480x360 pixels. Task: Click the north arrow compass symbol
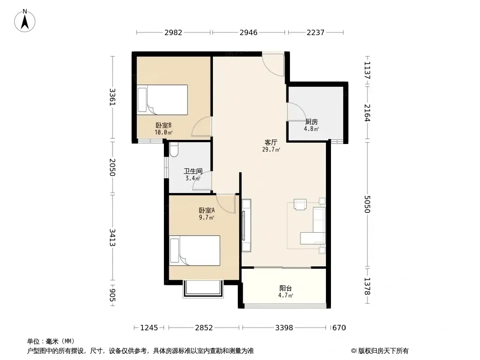(25, 21)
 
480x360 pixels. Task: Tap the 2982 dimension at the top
(173, 32)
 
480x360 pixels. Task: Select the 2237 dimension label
(315, 32)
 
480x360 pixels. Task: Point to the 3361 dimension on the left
(113, 97)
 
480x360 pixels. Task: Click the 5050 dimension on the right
(367, 204)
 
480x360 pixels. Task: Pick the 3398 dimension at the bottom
(284, 328)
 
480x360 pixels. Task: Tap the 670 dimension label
(339, 328)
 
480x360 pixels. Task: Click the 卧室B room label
(163, 126)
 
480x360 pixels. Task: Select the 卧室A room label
(207, 211)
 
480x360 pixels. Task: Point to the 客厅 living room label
(271, 143)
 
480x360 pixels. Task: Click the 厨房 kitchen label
(311, 122)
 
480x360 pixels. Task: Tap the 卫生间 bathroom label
(193, 171)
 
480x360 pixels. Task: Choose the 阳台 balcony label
(285, 288)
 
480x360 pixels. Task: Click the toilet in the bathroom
(174, 149)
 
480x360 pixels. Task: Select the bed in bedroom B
(162, 100)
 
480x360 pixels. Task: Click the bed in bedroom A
(195, 251)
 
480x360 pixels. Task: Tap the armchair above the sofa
(300, 204)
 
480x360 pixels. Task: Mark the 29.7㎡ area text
(271, 150)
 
